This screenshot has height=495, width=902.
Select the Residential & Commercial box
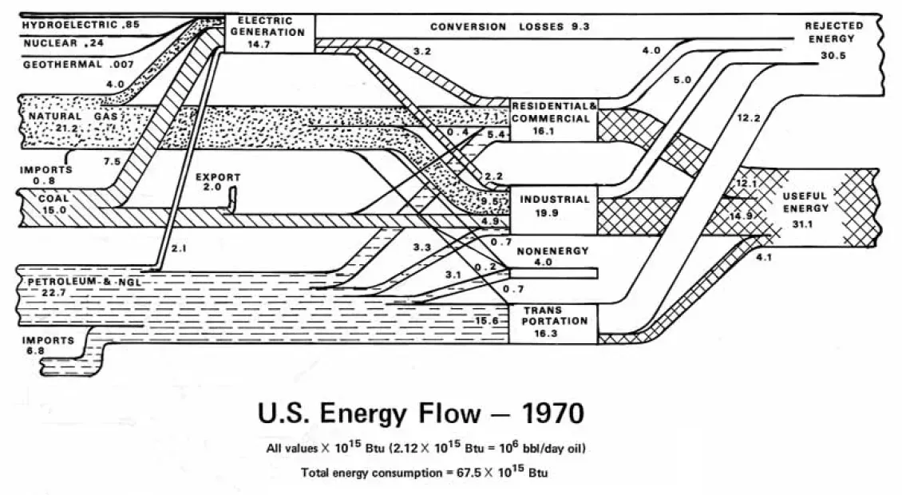tap(552, 118)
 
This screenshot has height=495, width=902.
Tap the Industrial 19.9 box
tap(552, 206)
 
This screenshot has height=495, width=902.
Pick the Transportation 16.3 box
tap(552, 323)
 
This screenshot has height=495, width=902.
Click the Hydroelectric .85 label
tap(81, 26)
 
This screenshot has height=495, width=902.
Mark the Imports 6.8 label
tap(48, 346)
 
